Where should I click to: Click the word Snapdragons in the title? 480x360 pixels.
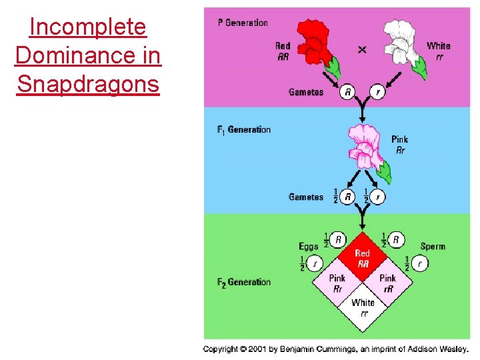click(88, 84)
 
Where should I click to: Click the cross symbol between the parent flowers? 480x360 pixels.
click(362, 49)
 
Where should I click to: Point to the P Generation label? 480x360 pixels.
click(243, 23)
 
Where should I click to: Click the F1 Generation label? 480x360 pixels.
click(244, 130)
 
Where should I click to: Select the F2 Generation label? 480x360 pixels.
click(244, 282)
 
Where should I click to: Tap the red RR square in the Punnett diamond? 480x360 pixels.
click(363, 257)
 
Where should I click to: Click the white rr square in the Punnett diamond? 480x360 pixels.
click(363, 307)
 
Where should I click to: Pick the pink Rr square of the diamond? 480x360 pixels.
click(337, 282)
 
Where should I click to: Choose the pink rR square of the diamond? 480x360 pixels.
click(387, 282)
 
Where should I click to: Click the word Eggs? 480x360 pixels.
click(309, 247)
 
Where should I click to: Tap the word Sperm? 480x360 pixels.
click(433, 247)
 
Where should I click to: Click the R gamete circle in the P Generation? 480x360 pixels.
click(347, 91)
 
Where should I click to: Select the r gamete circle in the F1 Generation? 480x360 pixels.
click(378, 197)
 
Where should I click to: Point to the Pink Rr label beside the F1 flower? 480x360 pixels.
click(400, 145)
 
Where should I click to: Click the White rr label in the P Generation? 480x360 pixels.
click(439, 51)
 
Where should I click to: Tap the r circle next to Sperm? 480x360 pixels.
click(420, 263)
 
